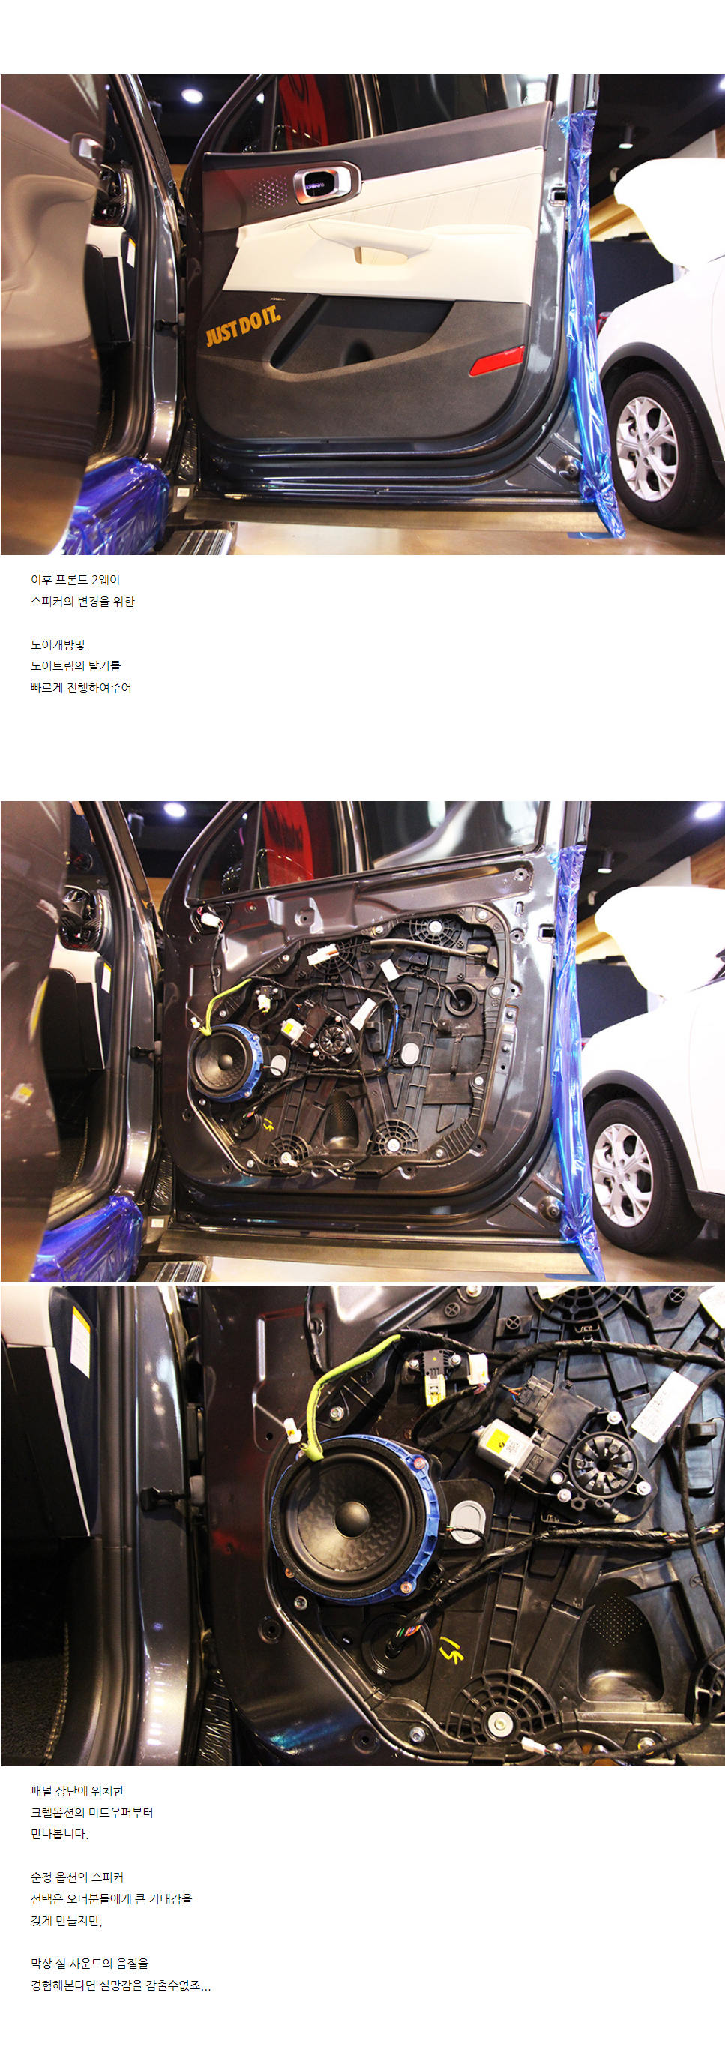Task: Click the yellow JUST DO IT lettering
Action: pyautogui.click(x=243, y=324)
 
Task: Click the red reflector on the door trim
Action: pyautogui.click(x=497, y=360)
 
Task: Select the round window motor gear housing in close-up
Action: pyautogui.click(x=601, y=1464)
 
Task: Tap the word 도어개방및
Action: pyautogui.click(x=58, y=645)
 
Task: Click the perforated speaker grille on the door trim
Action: pyautogui.click(x=269, y=191)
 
